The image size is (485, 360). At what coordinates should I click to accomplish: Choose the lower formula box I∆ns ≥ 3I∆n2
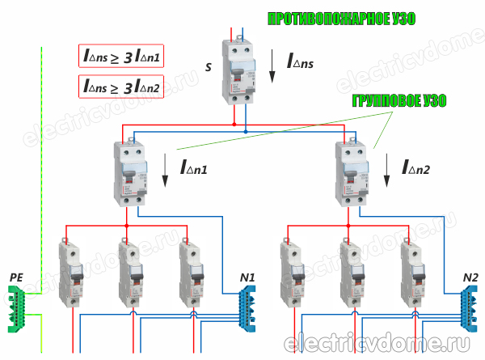tap(121, 84)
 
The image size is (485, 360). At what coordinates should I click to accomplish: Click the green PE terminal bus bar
tap(19, 309)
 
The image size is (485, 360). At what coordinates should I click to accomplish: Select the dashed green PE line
tap(39, 162)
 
